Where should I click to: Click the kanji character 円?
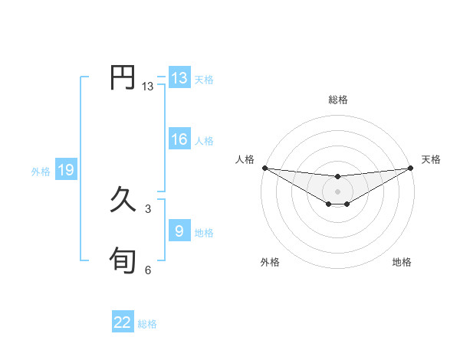123,78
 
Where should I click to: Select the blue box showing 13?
179,78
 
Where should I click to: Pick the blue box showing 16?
179,139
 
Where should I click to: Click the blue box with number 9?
179,231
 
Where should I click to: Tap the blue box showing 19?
65,170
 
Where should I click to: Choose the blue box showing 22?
123,322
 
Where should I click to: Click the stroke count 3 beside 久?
148,208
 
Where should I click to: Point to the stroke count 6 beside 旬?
148,270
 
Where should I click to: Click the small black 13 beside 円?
148,87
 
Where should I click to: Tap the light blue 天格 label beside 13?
204,79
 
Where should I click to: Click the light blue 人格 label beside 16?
204,140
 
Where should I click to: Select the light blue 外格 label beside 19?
41,172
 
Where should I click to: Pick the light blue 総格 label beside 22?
147,324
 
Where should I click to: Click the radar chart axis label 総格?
337,100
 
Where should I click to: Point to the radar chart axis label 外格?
270,262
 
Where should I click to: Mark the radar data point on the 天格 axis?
411,168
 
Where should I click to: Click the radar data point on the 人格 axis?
264,168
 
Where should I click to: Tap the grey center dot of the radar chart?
337,191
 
